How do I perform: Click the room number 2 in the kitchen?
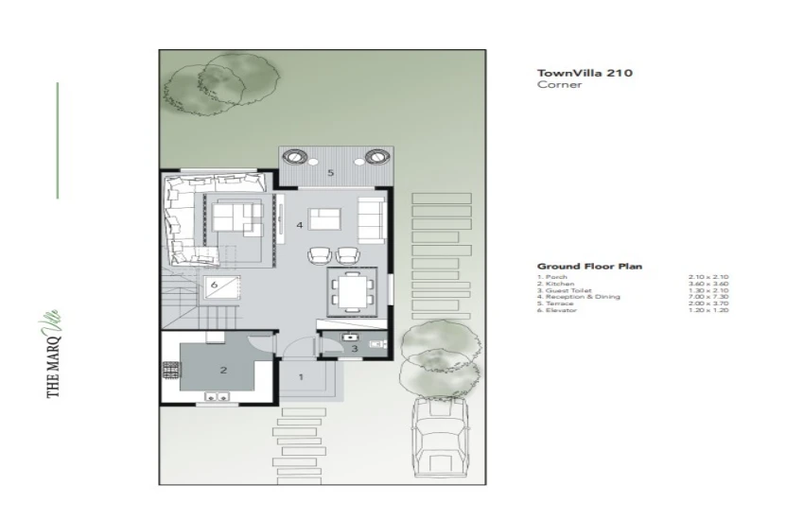click(223, 371)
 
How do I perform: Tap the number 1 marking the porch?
click(302, 376)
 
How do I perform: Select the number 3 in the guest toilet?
click(354, 349)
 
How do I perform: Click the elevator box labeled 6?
click(216, 284)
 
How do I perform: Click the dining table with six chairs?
click(352, 290)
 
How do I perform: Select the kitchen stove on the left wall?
click(171, 371)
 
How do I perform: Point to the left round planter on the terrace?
click(294, 156)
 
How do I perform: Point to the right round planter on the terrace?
click(376, 156)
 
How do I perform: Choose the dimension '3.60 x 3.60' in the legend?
click(711, 284)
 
